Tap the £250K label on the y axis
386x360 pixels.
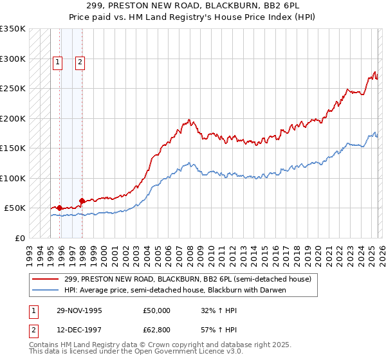coord(12,89)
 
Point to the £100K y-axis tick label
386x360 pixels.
coord(12,178)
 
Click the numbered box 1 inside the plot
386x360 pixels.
coord(58,62)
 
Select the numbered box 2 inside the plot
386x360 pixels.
coord(80,62)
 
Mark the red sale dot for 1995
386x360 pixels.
coord(59,208)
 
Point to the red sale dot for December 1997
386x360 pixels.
coord(82,201)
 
